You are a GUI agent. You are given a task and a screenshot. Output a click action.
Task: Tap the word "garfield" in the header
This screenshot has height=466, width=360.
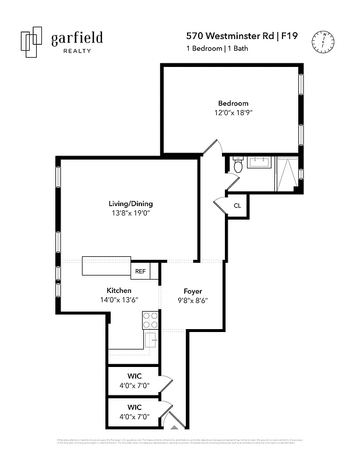point(77,38)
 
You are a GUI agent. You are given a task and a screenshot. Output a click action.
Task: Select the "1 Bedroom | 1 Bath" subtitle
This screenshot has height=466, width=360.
point(217,48)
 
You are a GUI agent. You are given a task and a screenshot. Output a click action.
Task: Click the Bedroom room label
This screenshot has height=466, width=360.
point(233,103)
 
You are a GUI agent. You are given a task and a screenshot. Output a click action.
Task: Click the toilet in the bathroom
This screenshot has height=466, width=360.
point(237,167)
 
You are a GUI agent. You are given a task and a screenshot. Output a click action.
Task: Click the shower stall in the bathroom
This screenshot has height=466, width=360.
point(286,174)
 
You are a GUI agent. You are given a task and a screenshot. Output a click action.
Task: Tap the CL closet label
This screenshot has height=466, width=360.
point(237,206)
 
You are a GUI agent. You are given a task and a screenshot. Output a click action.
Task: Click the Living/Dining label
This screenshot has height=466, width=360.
point(130,204)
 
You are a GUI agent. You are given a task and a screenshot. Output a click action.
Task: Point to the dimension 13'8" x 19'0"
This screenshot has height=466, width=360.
point(130,213)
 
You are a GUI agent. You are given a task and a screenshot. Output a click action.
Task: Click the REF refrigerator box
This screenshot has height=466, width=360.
point(140,271)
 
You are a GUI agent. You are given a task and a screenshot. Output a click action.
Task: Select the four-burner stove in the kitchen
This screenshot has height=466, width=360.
point(150,320)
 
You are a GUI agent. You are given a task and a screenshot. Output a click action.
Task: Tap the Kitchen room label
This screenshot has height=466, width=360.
point(119,290)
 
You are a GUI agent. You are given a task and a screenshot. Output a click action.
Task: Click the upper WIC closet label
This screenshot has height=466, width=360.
point(134,376)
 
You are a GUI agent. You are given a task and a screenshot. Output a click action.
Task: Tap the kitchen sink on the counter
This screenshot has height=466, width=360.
point(150,340)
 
